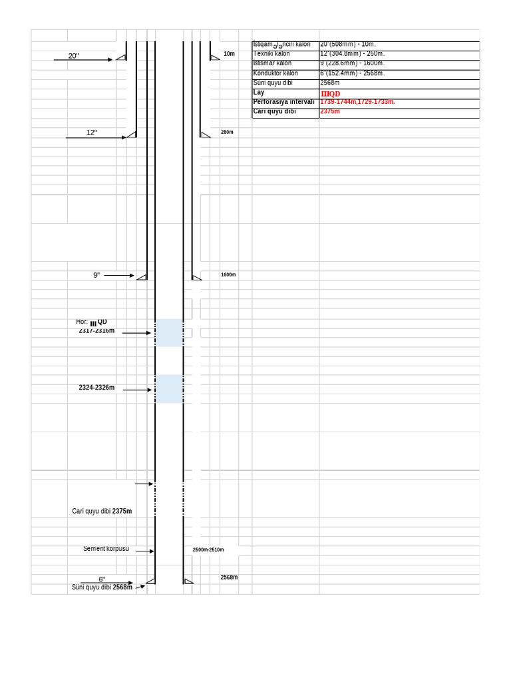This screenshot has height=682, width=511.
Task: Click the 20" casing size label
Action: tap(73, 56)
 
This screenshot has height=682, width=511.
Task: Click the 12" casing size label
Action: tap(91, 133)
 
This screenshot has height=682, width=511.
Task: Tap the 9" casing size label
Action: tap(96, 275)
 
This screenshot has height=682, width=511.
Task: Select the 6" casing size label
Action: tap(102, 579)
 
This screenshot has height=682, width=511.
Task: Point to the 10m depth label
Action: tap(229, 54)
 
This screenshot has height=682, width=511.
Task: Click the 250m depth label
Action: tap(227, 133)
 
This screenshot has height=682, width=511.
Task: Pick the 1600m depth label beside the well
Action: tap(228, 275)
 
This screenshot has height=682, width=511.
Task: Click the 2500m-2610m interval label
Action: tap(208, 550)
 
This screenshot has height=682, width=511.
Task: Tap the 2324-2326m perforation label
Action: tap(96, 388)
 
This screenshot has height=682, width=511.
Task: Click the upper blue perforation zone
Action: tap(169, 332)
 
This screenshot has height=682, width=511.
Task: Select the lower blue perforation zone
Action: tap(169, 388)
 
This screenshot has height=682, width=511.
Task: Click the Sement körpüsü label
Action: tap(106, 549)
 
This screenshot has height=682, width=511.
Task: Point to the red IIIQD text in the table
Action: tap(330, 94)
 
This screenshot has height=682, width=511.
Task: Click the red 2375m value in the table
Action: tap(330, 111)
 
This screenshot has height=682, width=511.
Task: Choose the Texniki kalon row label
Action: tap(271, 54)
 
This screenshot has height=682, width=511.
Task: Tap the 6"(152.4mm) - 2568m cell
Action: tap(352, 73)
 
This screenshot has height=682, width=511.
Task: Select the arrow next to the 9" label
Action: tap(119, 275)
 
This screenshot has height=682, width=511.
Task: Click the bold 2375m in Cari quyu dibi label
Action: tap(122, 511)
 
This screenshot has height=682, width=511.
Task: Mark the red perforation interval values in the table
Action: tap(357, 102)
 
